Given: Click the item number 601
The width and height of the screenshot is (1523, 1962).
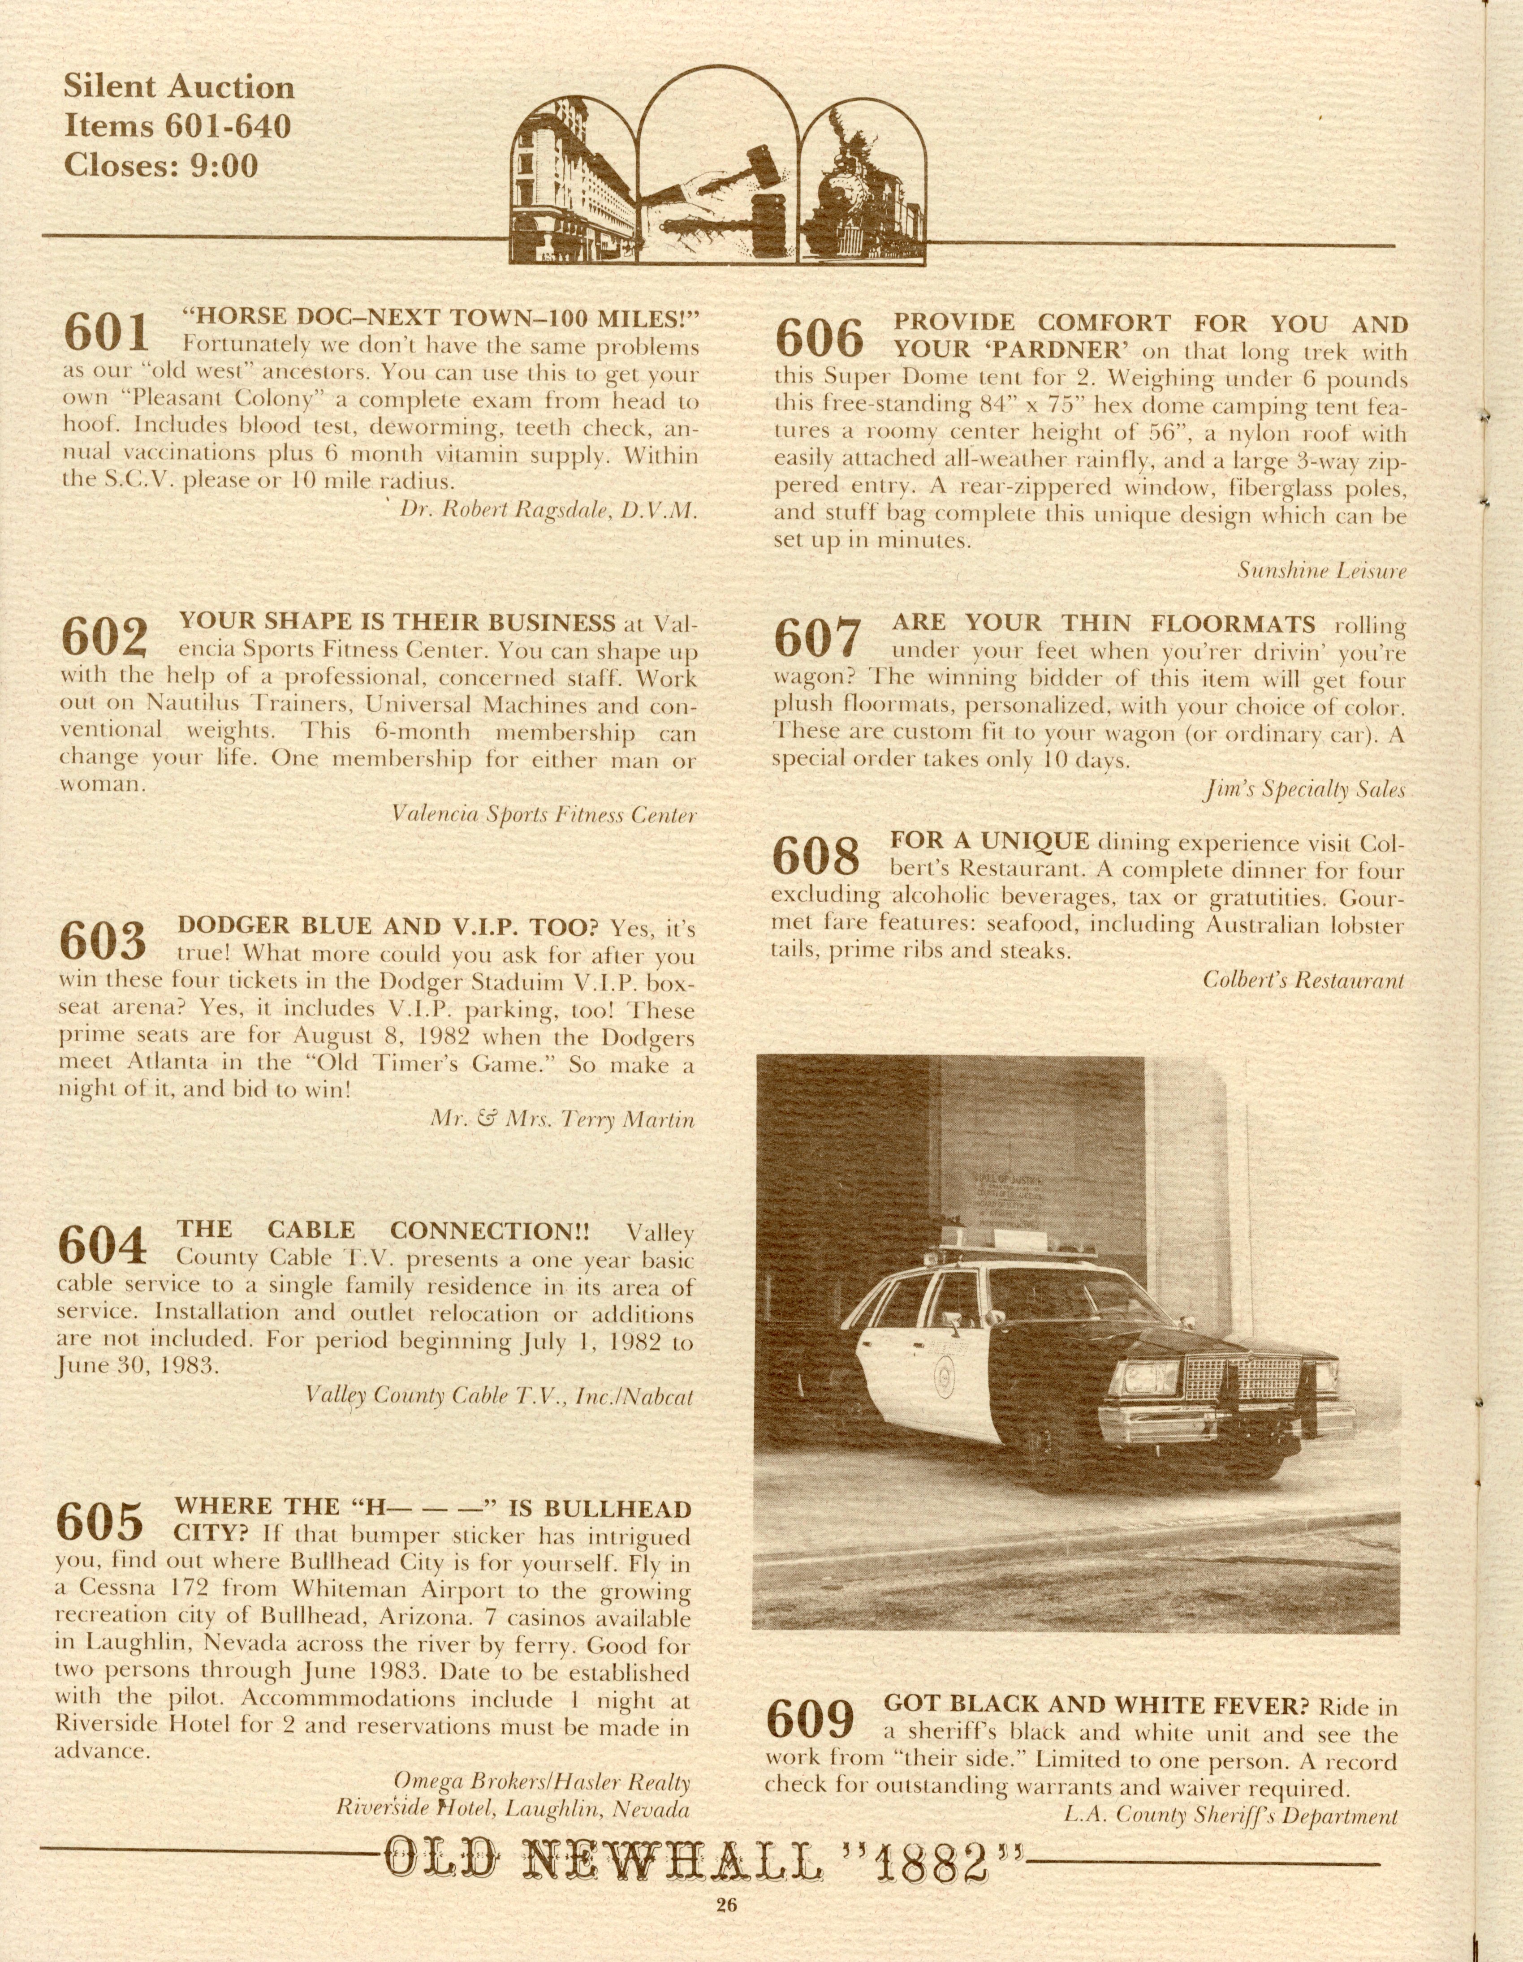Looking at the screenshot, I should [106, 333].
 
